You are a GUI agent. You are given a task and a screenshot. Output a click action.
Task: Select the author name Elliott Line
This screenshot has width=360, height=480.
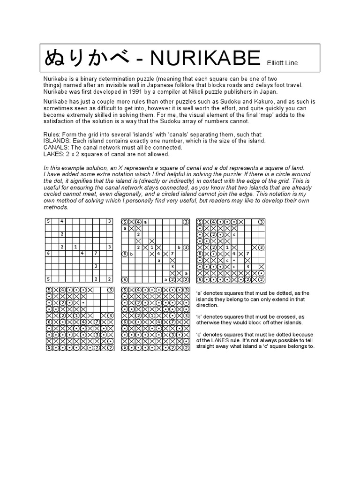click(282, 63)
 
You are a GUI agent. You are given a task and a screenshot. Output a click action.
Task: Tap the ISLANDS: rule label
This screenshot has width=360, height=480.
click(56, 141)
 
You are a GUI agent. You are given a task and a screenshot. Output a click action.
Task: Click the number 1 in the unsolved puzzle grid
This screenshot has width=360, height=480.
click(75, 247)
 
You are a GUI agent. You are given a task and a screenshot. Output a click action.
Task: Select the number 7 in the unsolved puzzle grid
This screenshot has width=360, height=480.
click(96, 254)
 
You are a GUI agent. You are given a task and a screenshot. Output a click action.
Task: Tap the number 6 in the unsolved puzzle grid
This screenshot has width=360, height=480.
click(48, 254)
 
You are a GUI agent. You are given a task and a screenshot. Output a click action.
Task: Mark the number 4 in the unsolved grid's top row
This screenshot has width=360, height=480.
click(62, 221)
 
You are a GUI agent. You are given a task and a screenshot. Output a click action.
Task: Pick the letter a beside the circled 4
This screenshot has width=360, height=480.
click(145, 222)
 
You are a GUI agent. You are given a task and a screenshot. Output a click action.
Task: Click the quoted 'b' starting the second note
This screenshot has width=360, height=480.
click(199, 316)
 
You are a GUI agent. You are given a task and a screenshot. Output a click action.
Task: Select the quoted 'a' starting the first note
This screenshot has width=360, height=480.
click(199, 293)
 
